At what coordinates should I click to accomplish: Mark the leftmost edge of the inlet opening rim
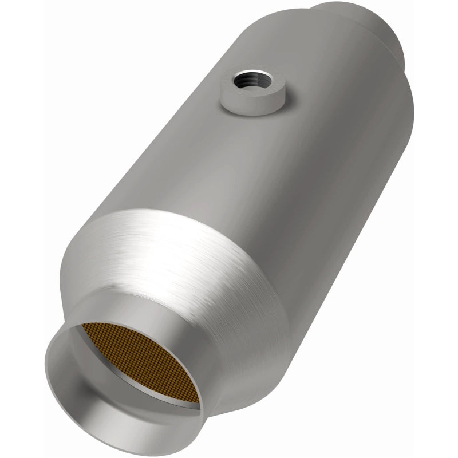[x=46, y=372]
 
